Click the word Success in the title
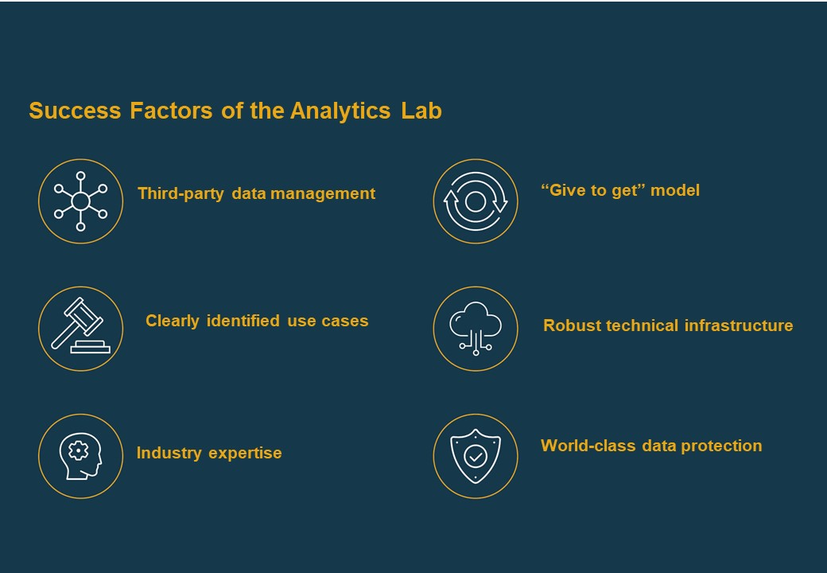(x=75, y=111)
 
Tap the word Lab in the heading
(x=421, y=111)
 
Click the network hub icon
(x=80, y=201)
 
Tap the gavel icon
(x=80, y=325)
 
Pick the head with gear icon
(x=80, y=456)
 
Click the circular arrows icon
(x=476, y=201)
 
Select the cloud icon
(x=476, y=328)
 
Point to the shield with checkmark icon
(x=476, y=456)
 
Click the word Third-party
(x=181, y=193)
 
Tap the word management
(x=323, y=193)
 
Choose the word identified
(x=243, y=321)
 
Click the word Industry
(x=169, y=454)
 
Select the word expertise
(x=245, y=454)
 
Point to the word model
(x=675, y=190)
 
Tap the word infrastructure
(x=739, y=325)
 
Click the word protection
(x=721, y=446)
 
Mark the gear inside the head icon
(x=79, y=450)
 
